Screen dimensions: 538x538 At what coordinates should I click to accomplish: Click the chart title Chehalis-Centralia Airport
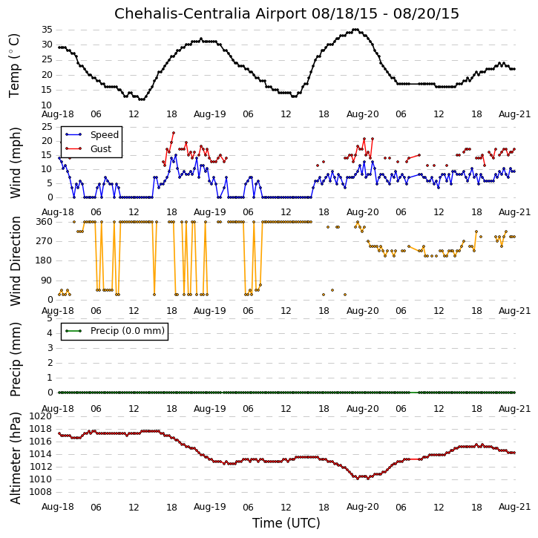click(210, 13)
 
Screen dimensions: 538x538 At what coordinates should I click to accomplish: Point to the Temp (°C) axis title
click(14, 66)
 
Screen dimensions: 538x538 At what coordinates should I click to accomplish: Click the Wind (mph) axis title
click(15, 163)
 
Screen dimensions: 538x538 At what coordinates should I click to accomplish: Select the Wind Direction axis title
click(15, 261)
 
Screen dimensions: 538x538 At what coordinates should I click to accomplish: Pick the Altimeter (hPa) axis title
click(15, 458)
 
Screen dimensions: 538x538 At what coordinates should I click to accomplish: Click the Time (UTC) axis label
click(286, 523)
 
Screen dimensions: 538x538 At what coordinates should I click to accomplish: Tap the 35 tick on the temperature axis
click(47, 30)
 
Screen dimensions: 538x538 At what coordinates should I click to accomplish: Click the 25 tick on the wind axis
click(47, 127)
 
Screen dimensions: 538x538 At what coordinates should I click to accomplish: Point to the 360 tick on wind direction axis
click(45, 222)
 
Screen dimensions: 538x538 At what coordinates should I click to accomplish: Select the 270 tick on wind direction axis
click(45, 241)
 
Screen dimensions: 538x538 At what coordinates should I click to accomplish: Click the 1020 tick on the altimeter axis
click(41, 416)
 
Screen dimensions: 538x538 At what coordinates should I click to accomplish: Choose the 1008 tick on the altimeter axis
click(41, 492)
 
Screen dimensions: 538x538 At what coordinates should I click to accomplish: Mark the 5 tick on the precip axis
click(50, 318)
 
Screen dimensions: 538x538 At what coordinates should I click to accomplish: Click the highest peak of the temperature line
click(355, 30)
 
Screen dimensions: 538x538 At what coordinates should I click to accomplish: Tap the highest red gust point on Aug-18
click(173, 133)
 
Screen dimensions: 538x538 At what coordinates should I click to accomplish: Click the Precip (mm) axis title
click(15, 360)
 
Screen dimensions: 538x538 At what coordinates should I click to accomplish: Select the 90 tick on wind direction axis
click(47, 281)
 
